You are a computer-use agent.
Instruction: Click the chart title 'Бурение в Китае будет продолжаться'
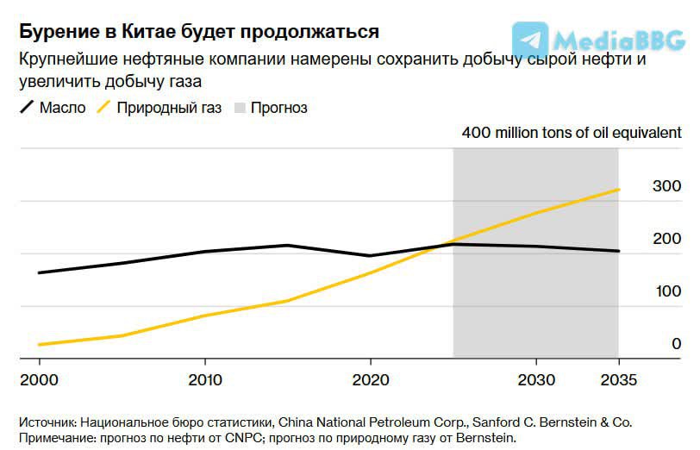pyautogui.click(x=198, y=32)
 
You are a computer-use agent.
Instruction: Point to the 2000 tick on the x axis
pyautogui.click(x=38, y=380)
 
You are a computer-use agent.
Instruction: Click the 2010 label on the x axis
pyautogui.click(x=203, y=380)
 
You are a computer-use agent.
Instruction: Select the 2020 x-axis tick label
pyautogui.click(x=370, y=380)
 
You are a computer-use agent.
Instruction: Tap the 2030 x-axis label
pyautogui.click(x=536, y=380)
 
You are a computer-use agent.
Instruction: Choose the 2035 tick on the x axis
pyautogui.click(x=618, y=380)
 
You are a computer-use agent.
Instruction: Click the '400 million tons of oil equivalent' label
pyautogui.click(x=572, y=133)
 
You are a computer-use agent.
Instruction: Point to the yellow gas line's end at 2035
pyautogui.click(x=618, y=190)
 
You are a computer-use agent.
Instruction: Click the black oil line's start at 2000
pyautogui.click(x=39, y=272)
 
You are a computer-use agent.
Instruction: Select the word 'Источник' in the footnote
pyautogui.click(x=48, y=422)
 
